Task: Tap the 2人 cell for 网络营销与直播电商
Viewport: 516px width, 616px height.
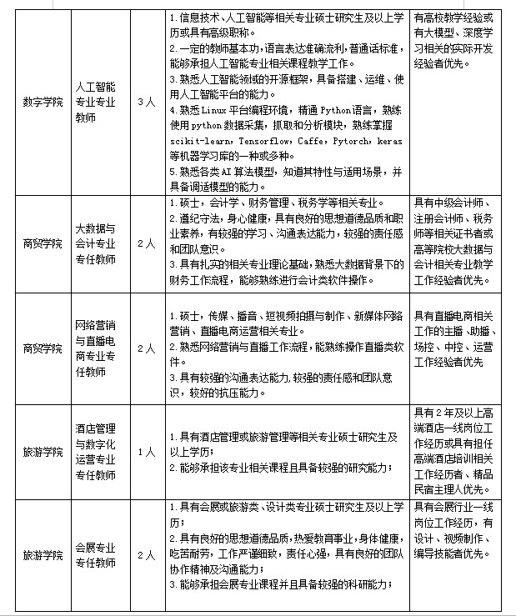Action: point(145,348)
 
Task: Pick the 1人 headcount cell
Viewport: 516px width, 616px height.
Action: point(145,452)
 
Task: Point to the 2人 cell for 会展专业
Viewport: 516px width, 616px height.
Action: point(145,555)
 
